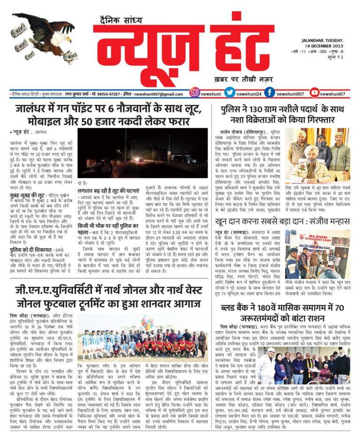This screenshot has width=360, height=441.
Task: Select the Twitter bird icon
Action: pos(230,93)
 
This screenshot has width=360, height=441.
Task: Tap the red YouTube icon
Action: pos(314,93)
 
